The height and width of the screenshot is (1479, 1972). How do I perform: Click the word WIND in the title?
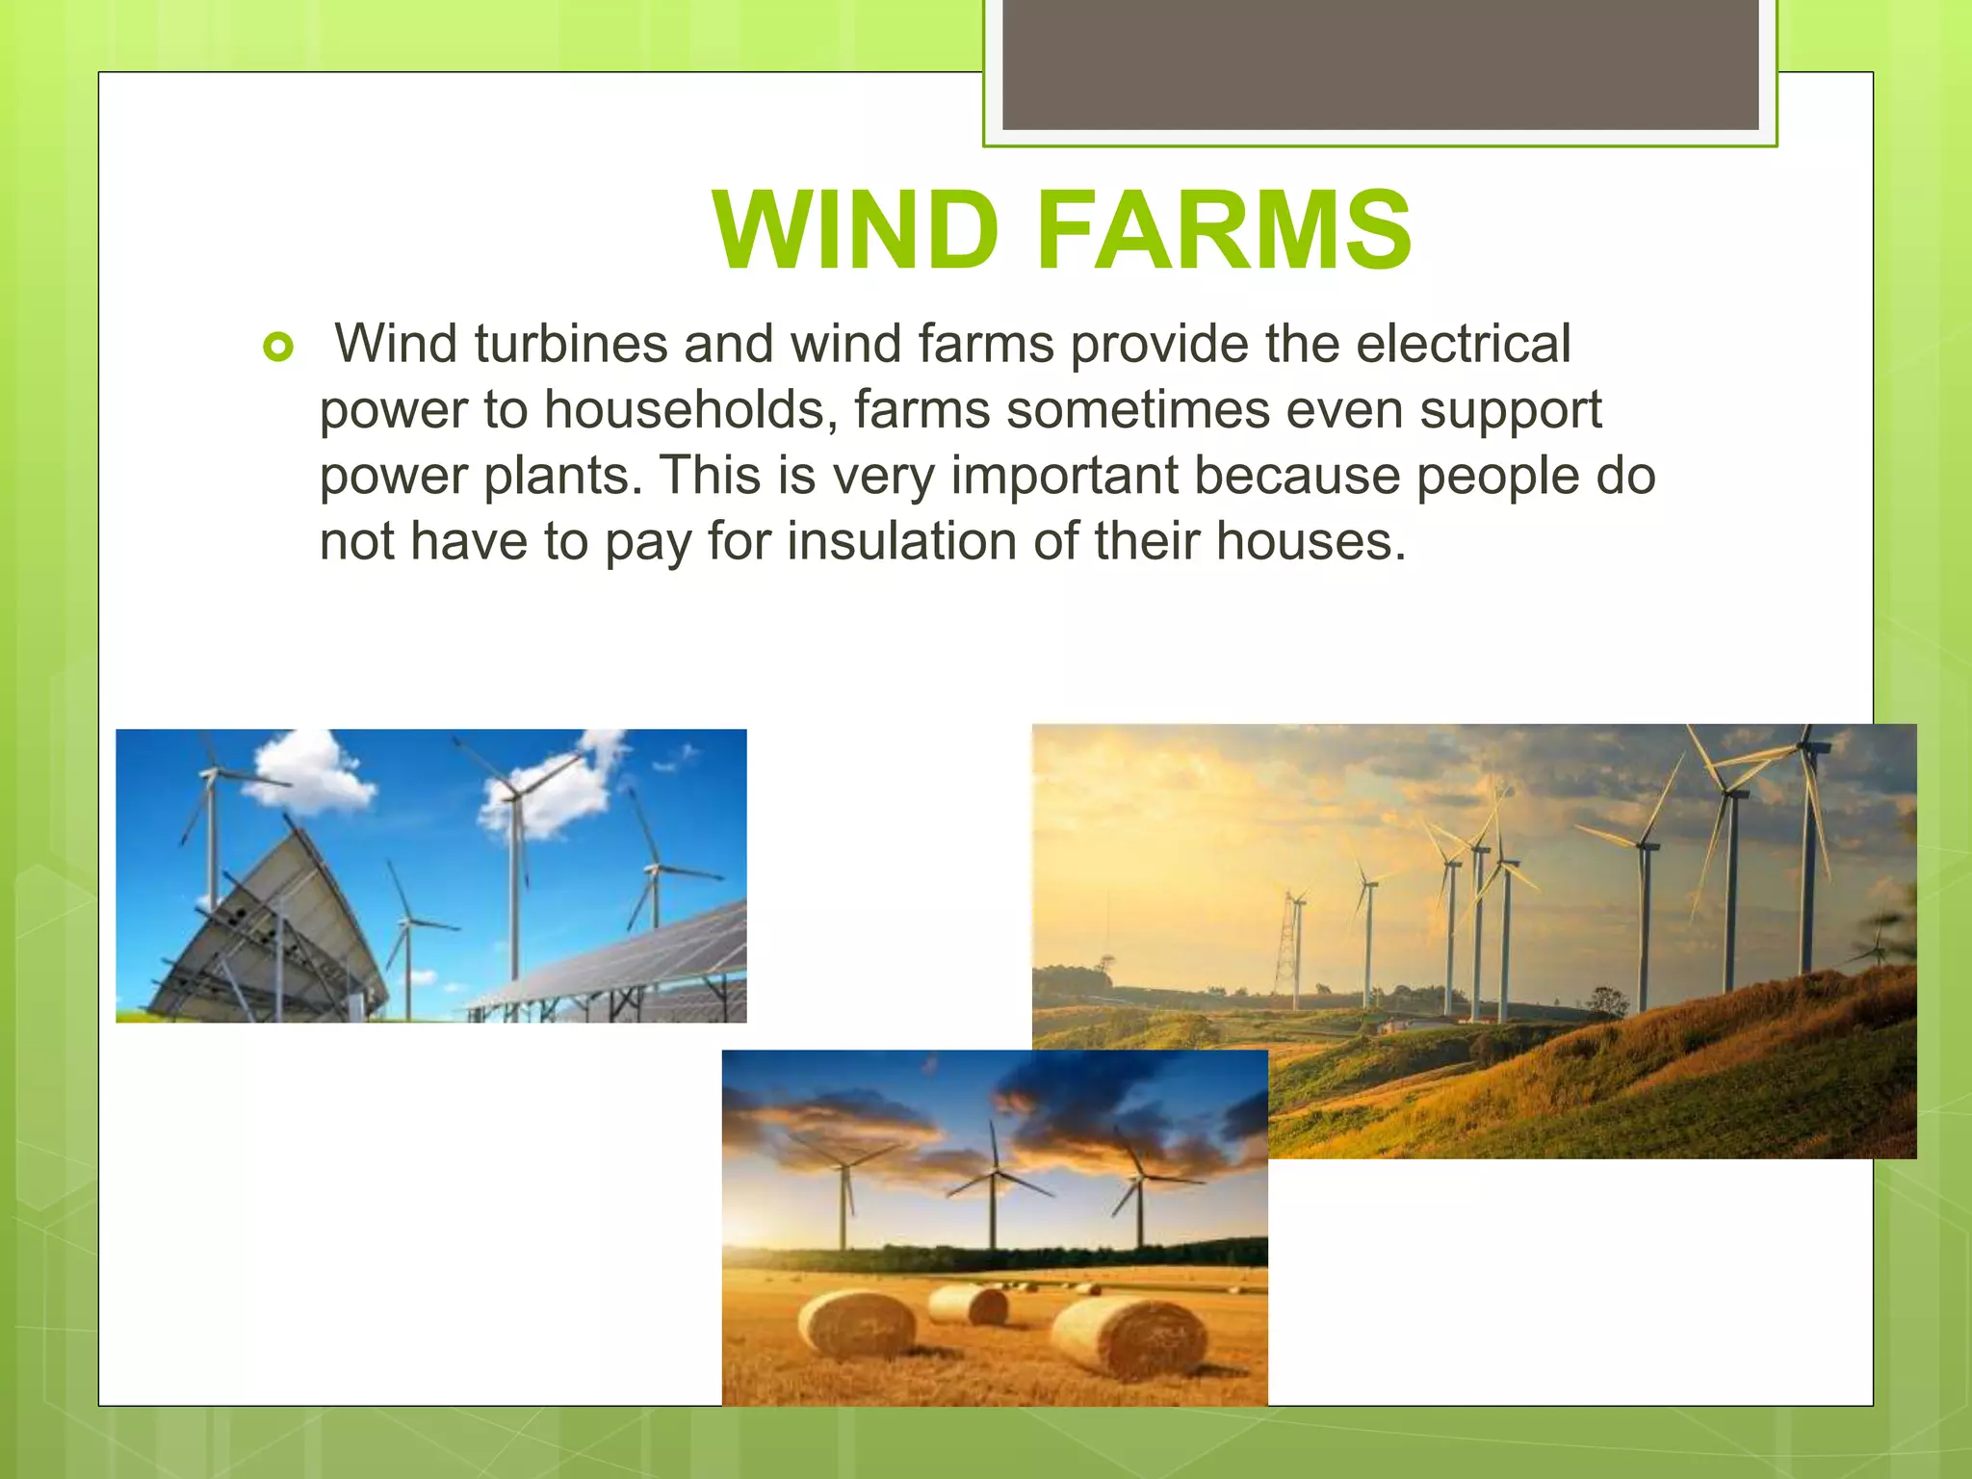856,230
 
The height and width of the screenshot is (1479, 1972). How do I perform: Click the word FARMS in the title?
1223,230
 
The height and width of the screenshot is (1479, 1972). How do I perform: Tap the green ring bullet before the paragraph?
277,348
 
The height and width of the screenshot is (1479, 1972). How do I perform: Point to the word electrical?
1463,344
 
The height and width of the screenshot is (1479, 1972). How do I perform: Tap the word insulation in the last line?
901,541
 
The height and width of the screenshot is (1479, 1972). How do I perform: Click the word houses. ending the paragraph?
1310,541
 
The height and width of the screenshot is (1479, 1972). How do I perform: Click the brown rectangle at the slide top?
1380,64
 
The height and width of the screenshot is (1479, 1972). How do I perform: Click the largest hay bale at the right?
1129,1336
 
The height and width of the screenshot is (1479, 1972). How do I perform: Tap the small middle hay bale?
968,1305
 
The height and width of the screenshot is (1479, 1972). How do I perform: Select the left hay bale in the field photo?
857,1326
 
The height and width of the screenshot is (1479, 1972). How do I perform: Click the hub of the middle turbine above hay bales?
993,1175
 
